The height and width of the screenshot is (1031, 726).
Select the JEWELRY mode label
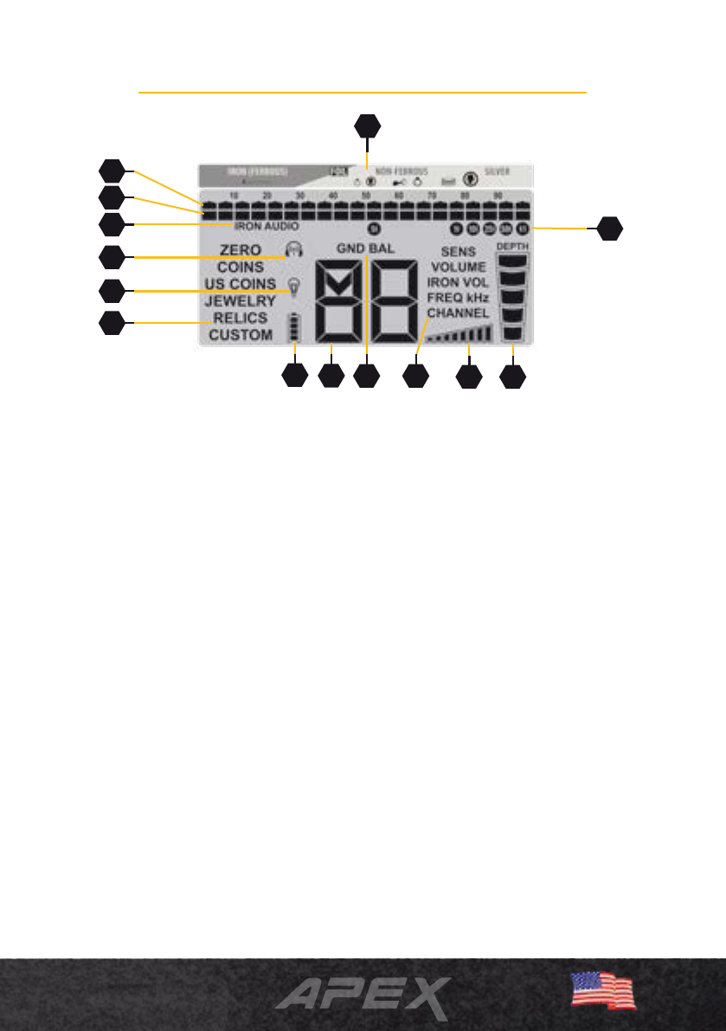coord(241,301)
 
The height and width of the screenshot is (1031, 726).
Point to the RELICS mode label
coord(241,318)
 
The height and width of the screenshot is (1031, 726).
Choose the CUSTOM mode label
coord(241,334)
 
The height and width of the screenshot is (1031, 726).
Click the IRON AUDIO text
coord(267,226)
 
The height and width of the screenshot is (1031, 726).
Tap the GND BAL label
coord(365,248)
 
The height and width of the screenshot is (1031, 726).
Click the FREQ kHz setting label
coord(458,297)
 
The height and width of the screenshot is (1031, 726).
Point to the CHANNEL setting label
coord(458,313)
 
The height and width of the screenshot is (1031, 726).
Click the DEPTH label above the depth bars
coord(513,247)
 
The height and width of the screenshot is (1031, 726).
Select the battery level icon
coord(295,328)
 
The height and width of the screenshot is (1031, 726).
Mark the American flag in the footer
coord(603,989)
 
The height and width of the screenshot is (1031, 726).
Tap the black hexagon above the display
coord(368,126)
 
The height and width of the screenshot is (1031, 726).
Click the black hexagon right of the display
coord(610,229)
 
